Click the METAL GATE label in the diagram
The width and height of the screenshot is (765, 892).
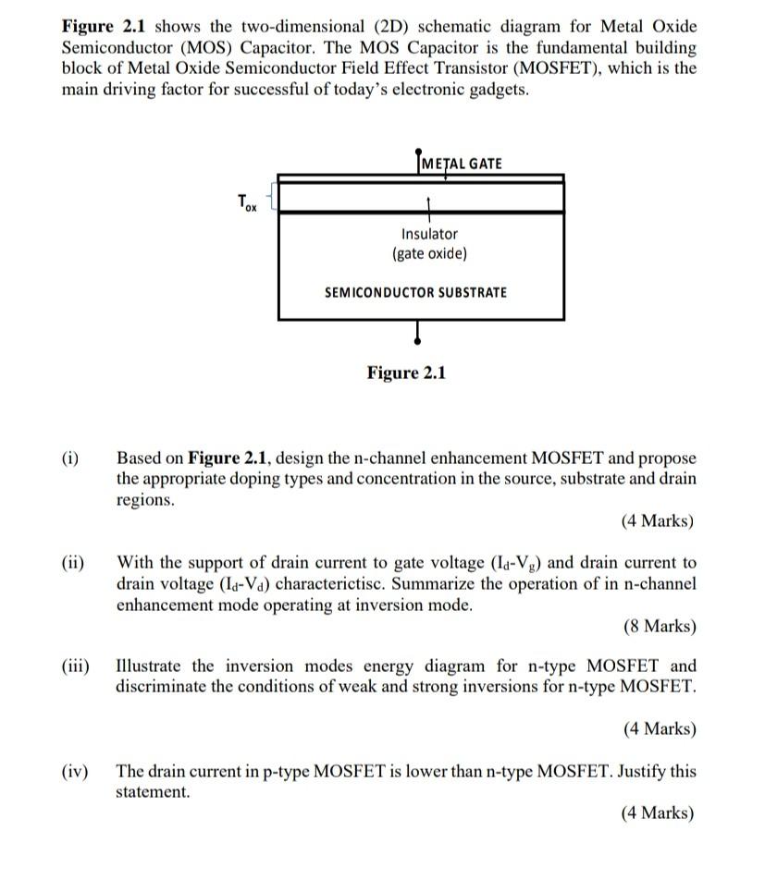coord(462,164)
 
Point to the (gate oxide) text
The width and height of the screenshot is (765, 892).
coord(429,253)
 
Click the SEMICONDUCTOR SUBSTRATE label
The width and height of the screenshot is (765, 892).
coord(415,292)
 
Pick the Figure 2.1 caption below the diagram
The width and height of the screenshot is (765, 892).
coord(406,373)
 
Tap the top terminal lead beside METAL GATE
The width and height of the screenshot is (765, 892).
coord(419,160)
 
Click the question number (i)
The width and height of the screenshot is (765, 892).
coord(71,458)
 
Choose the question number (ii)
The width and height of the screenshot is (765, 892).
coord(73,562)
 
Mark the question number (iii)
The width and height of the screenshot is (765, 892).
coord(76,666)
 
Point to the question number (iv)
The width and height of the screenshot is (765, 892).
coord(75,771)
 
